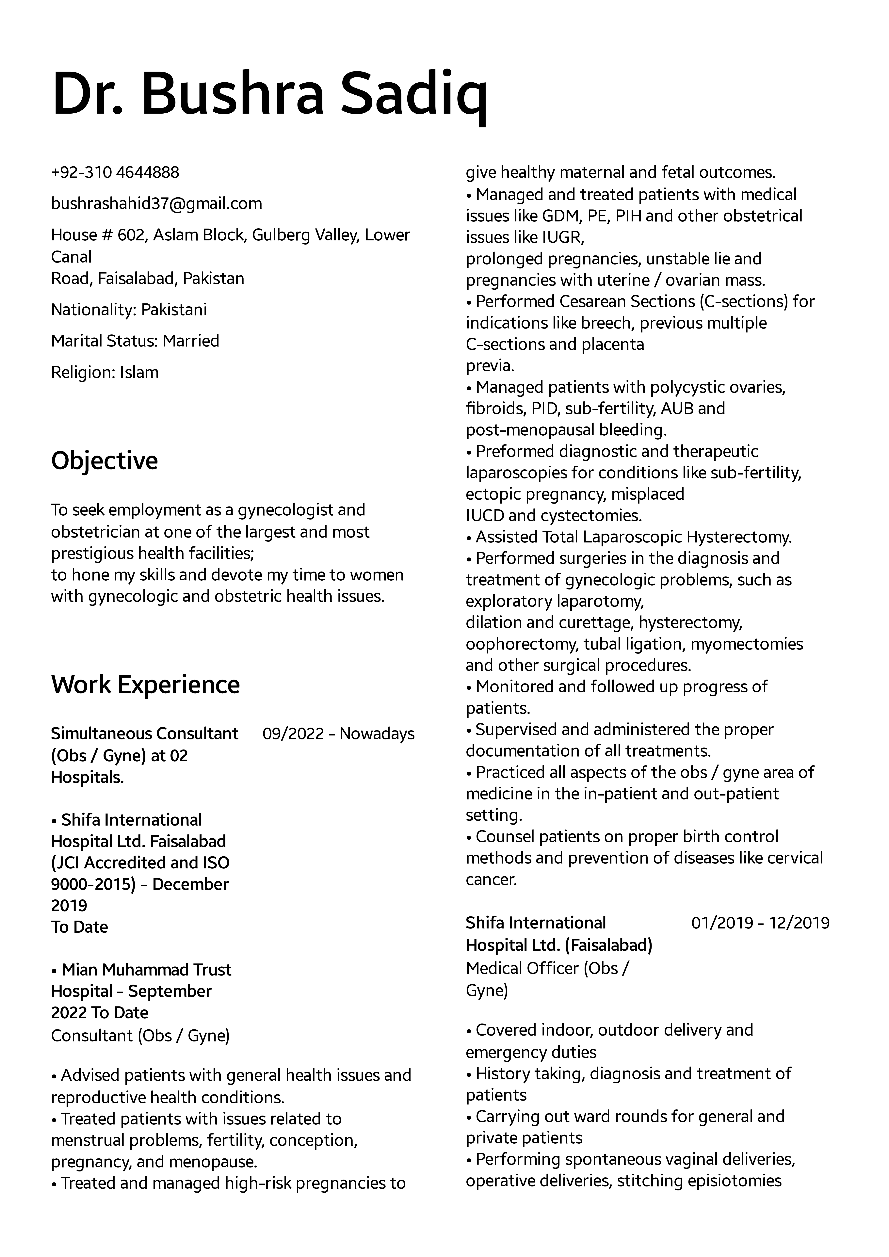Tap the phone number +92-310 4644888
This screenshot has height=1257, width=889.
pyautogui.click(x=115, y=172)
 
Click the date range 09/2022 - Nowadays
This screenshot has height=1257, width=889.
pyautogui.click(x=338, y=734)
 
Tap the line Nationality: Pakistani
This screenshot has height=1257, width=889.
pyautogui.click(x=129, y=310)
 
